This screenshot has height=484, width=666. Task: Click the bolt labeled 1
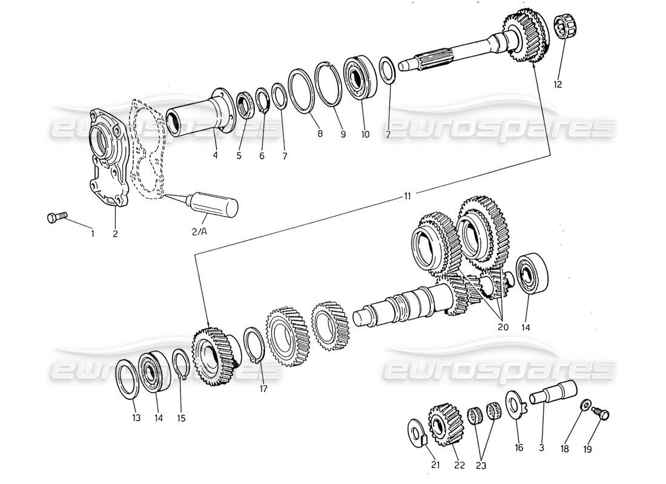coord(56,217)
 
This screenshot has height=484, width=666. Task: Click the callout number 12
coord(558,85)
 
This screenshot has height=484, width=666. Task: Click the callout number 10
coord(364,135)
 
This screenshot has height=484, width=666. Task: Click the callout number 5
coord(239,155)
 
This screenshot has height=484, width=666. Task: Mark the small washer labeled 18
coord(585,404)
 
